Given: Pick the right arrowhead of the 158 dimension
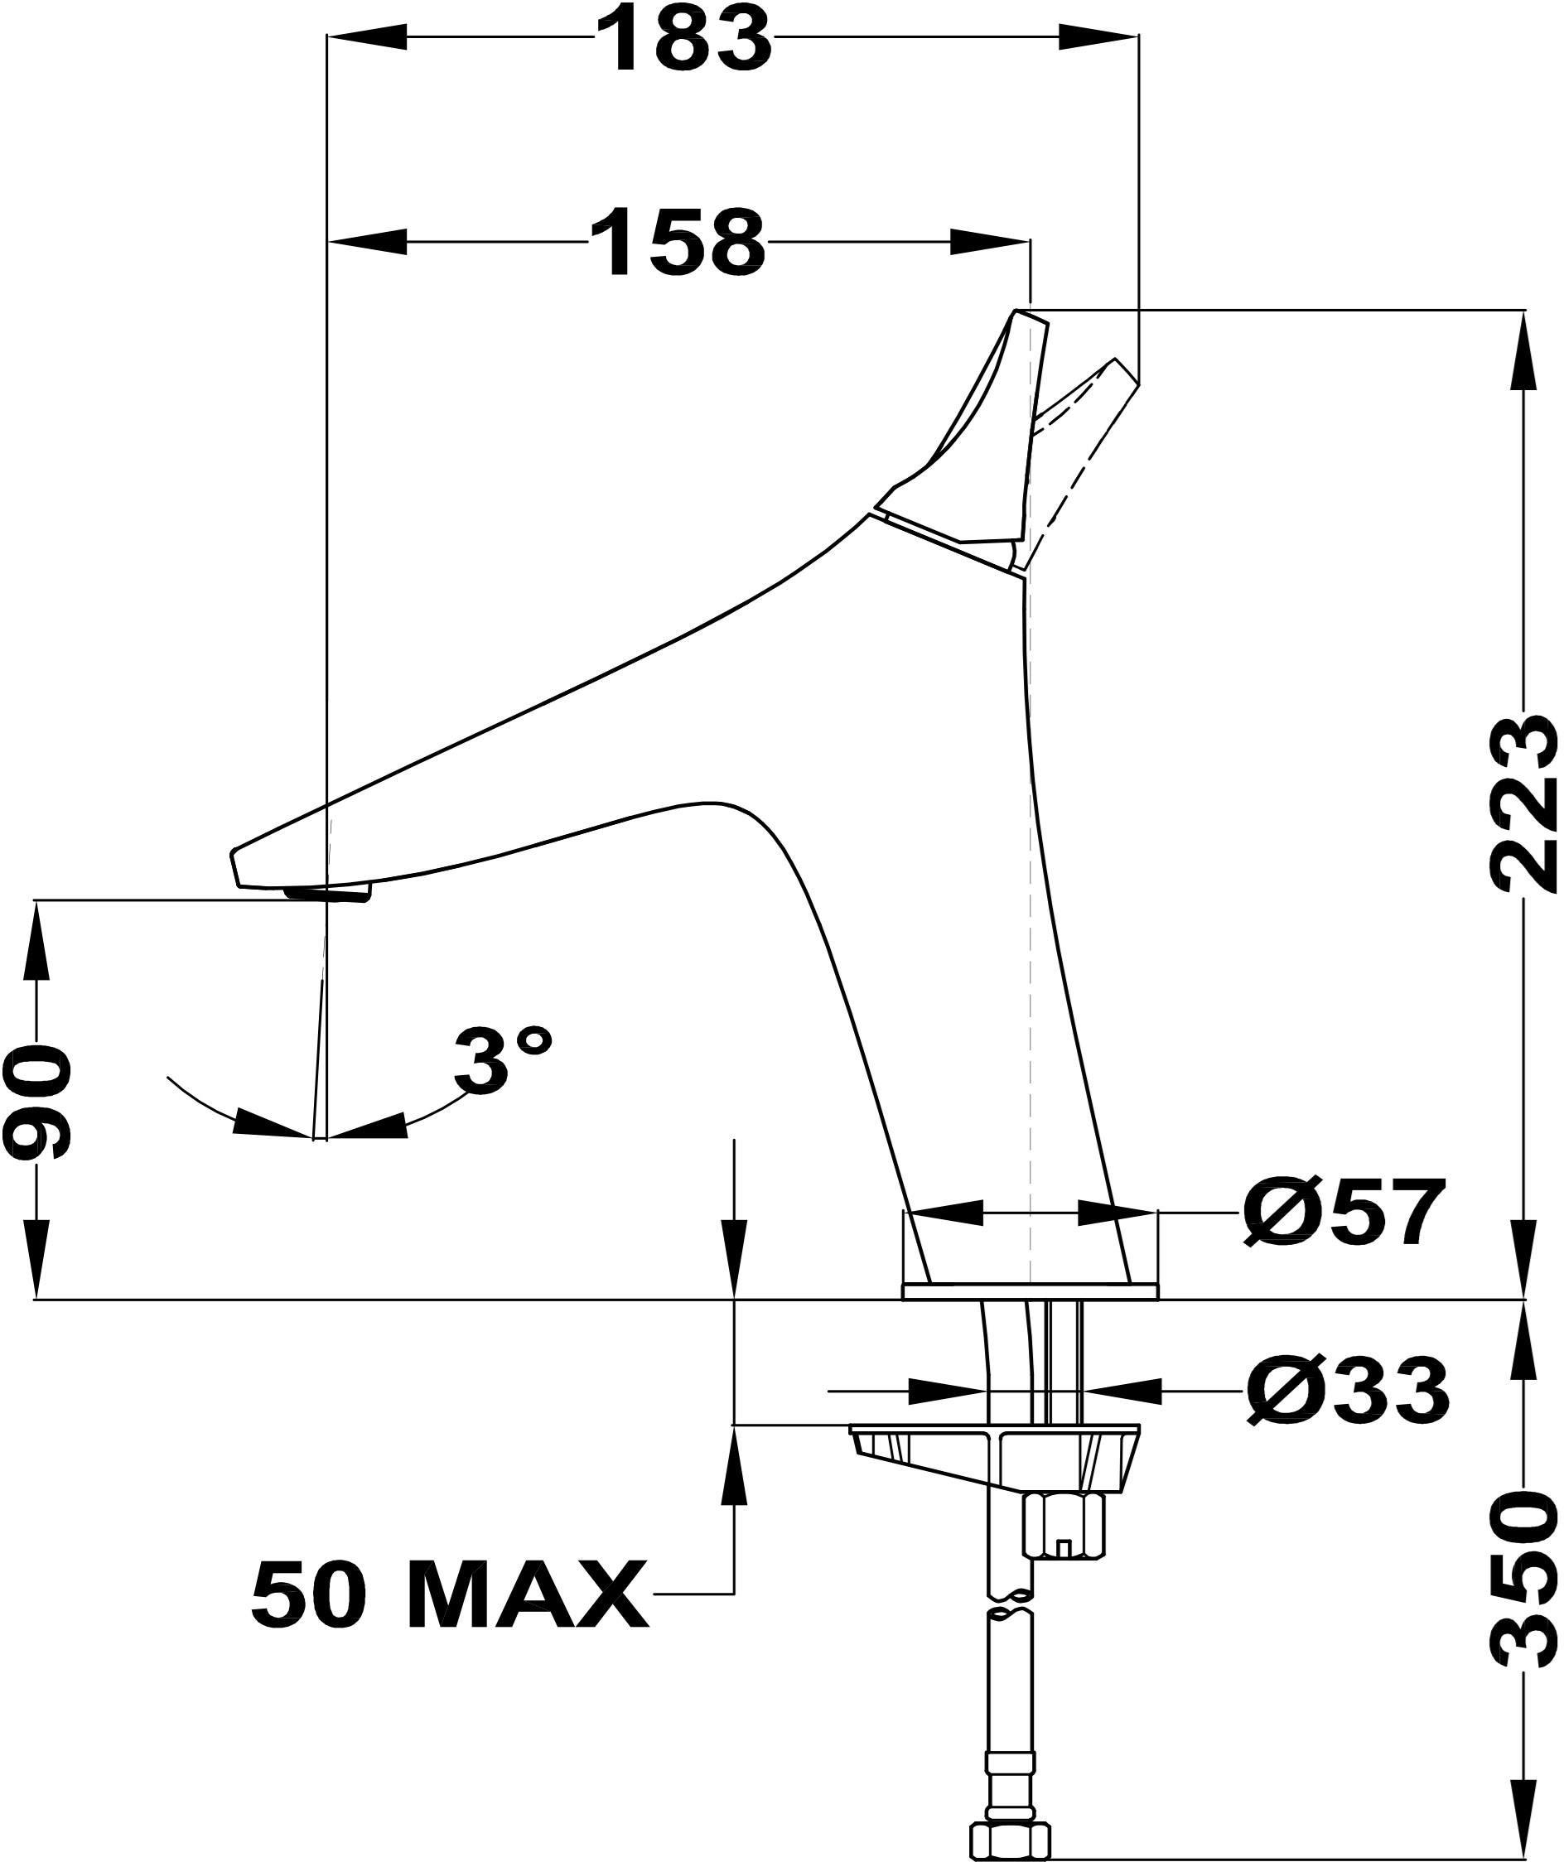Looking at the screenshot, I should tap(992, 241).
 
